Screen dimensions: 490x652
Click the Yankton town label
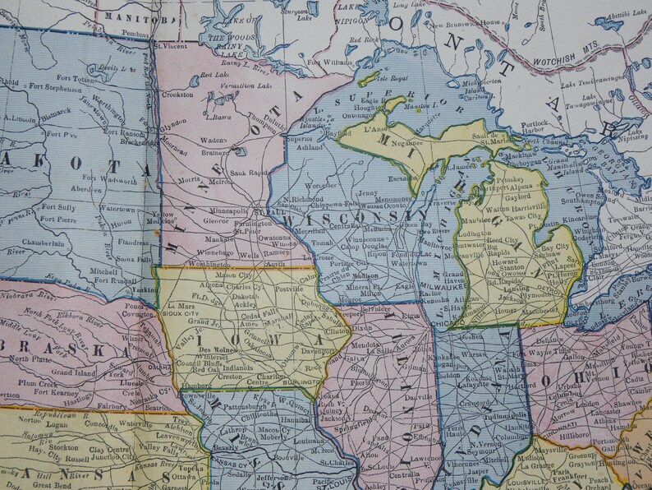pos(145,289)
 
